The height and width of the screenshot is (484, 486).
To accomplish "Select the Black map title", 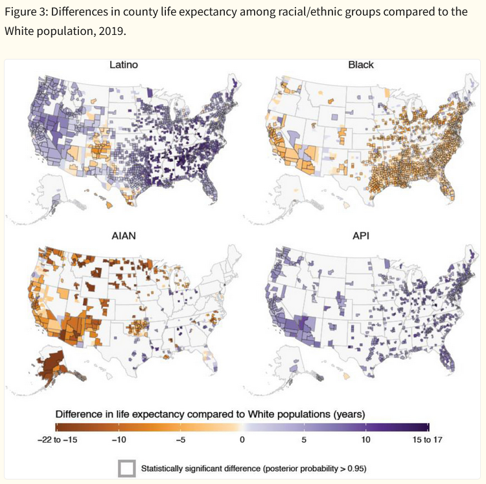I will coord(361,65).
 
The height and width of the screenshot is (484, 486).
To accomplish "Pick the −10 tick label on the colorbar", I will coord(118,440).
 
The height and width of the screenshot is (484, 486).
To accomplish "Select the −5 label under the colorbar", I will coord(180,440).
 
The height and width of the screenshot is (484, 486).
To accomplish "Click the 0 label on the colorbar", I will coord(242,440).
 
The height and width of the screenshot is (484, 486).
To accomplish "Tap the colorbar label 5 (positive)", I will coord(304,440).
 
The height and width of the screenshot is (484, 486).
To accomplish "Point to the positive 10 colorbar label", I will coord(366,440).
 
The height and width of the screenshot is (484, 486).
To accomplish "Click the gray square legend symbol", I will coord(126,467).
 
